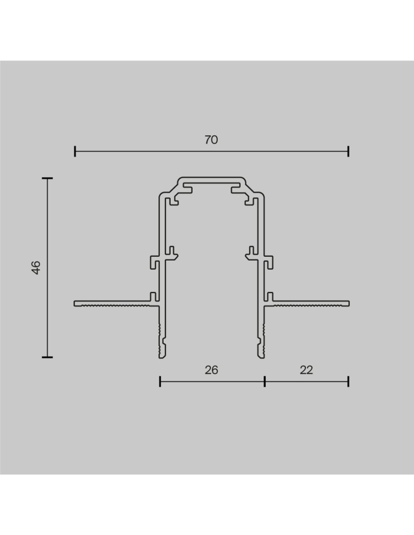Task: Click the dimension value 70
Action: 211,140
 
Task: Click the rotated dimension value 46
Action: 36,267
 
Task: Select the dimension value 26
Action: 212,370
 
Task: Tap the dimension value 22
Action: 306,370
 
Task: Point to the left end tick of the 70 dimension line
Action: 75,151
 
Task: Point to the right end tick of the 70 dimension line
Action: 348,151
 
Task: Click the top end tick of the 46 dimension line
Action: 48,178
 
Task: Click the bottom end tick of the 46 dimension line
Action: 48,356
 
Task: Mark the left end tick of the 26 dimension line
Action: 160,381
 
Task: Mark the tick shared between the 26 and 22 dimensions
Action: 265,381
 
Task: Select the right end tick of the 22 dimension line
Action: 348,381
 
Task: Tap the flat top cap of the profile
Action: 212,178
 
